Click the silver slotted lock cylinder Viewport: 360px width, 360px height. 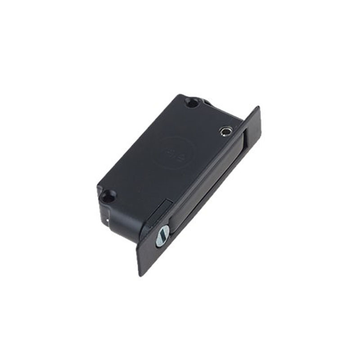coord(162,235)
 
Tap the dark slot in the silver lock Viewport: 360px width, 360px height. coord(162,235)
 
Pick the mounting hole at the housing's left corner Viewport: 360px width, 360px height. coord(108,196)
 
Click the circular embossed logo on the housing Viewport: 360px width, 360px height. coord(176,150)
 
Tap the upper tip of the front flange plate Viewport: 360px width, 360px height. coord(258,109)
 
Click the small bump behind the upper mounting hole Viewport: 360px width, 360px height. coord(207,102)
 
